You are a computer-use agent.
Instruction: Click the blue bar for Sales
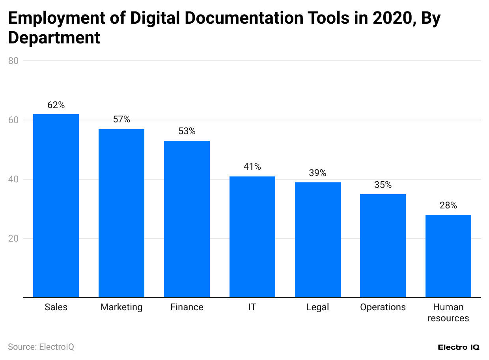(x=56, y=206)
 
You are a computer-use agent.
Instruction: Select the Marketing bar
(x=121, y=213)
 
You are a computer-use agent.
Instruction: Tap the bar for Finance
(x=187, y=219)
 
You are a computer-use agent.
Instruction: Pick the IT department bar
(x=252, y=237)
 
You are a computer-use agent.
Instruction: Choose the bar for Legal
(x=318, y=240)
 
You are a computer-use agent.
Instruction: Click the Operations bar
(x=383, y=246)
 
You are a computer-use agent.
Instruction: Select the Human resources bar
(x=448, y=256)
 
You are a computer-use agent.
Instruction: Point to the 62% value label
(x=56, y=105)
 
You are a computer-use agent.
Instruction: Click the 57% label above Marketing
(x=121, y=120)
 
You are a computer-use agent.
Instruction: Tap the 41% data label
(x=252, y=167)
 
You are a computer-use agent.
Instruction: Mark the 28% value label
(x=448, y=205)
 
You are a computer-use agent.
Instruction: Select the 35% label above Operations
(x=383, y=185)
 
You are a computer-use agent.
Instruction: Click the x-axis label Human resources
(x=448, y=313)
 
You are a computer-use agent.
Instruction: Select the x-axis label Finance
(x=187, y=307)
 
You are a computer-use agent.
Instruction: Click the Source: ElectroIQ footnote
(x=41, y=347)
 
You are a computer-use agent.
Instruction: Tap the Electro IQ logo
(x=459, y=347)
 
